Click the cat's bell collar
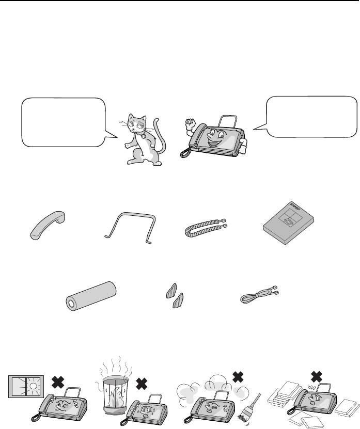(x=143, y=134)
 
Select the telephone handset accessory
(x=48, y=225)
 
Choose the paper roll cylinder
(x=91, y=296)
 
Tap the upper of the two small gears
(x=171, y=291)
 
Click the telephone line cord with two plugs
(x=259, y=294)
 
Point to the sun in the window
(x=33, y=386)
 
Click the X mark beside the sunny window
(x=58, y=382)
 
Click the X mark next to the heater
(x=142, y=385)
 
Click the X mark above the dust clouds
(x=238, y=377)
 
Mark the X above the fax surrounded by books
(x=317, y=377)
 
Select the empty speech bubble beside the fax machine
(x=307, y=117)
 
